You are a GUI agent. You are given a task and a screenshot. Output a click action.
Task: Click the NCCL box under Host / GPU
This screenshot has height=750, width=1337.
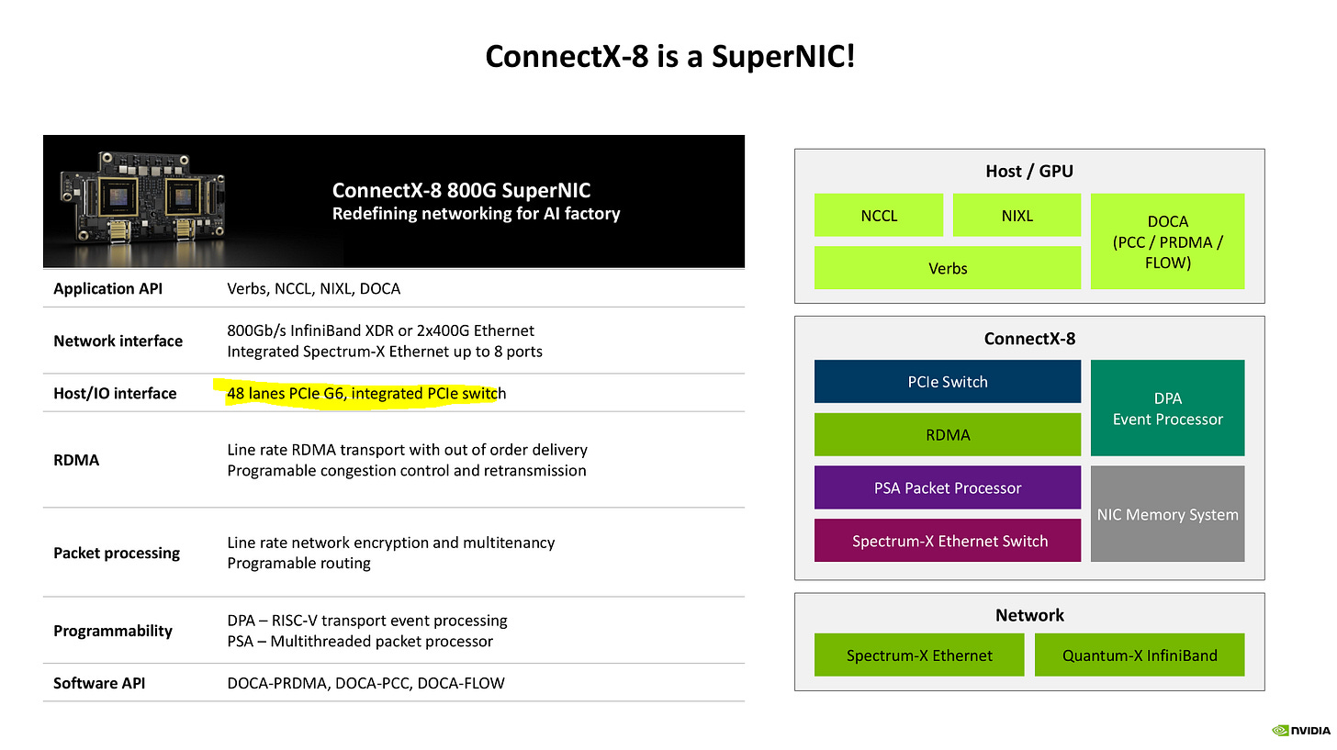click(878, 216)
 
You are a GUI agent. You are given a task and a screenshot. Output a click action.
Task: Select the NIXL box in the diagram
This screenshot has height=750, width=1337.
click(1017, 216)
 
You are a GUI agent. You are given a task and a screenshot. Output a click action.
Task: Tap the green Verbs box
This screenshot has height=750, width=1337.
click(947, 268)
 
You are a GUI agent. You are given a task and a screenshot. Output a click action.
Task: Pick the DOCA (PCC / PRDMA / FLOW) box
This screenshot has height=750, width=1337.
click(1167, 241)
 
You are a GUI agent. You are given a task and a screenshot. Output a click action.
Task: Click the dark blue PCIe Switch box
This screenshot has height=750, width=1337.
click(947, 382)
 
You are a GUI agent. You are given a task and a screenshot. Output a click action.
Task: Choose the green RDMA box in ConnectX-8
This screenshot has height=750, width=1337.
click(947, 435)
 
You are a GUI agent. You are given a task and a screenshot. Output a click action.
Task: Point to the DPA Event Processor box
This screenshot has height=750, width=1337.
click(1167, 409)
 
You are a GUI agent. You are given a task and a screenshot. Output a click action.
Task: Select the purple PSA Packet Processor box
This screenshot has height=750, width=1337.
click(947, 487)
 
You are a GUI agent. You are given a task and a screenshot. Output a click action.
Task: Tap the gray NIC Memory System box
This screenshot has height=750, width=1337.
click(1167, 514)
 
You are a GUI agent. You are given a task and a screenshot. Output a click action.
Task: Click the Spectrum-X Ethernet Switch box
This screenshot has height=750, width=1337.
click(947, 541)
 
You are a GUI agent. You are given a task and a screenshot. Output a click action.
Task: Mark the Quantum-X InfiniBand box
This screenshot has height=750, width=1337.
click(1139, 655)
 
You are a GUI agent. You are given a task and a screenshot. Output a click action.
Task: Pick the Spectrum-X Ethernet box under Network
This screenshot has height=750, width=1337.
click(918, 655)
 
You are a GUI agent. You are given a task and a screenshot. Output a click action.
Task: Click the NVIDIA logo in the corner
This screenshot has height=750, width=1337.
click(1300, 731)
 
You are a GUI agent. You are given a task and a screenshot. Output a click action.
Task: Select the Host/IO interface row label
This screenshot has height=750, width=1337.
click(115, 393)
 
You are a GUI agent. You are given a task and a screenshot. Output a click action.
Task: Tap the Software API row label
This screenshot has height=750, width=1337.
click(99, 683)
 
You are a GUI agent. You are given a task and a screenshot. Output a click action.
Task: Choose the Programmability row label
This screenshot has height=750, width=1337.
click(113, 631)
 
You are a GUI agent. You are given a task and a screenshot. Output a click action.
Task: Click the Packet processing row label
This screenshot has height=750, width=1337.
click(117, 553)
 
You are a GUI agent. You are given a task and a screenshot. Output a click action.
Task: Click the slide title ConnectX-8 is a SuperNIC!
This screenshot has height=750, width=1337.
click(669, 58)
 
